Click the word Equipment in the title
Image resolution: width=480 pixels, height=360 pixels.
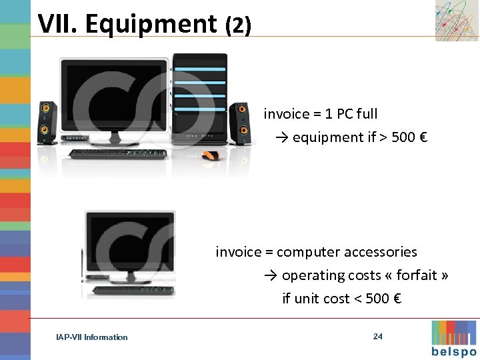click(151, 24)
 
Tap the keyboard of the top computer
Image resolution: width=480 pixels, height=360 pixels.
click(118, 154)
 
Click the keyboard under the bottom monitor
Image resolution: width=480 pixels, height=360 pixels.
click(133, 290)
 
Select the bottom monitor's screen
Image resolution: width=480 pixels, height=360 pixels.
click(131, 243)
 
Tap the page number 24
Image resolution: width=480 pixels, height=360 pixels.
click(378, 337)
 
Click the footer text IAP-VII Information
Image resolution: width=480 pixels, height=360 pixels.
click(92, 337)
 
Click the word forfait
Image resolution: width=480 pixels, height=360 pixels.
click(417, 275)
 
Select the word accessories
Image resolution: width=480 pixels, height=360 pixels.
click(380, 252)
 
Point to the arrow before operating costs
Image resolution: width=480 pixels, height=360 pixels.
click(270, 275)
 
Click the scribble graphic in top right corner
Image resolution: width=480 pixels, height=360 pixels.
click(457, 21)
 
